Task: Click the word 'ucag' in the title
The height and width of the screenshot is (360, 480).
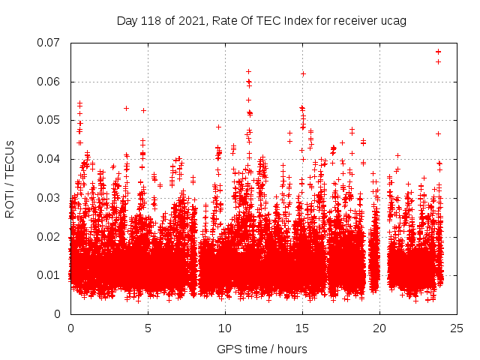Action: [394, 21]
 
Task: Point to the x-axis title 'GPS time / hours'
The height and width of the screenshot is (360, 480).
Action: [262, 349]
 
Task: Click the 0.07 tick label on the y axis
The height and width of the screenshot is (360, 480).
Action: [49, 43]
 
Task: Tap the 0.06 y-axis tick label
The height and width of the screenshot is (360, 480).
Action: [49, 82]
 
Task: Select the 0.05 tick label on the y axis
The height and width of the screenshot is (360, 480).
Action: [49, 120]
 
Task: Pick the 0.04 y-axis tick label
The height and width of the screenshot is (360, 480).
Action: [49, 159]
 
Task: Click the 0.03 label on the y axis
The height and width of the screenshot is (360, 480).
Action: [49, 198]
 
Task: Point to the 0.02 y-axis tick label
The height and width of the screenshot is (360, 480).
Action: [49, 236]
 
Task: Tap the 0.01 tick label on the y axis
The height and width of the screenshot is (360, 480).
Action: [49, 275]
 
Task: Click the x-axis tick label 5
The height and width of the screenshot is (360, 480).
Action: [148, 328]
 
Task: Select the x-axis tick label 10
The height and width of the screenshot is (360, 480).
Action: [225, 328]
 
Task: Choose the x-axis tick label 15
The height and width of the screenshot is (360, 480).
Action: [302, 328]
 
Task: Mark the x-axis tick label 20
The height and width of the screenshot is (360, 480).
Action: [379, 328]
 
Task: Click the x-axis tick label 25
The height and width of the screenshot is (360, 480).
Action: [457, 328]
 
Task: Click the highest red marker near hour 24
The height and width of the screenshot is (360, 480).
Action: [438, 51]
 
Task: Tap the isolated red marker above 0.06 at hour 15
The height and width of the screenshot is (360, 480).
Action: [303, 73]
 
